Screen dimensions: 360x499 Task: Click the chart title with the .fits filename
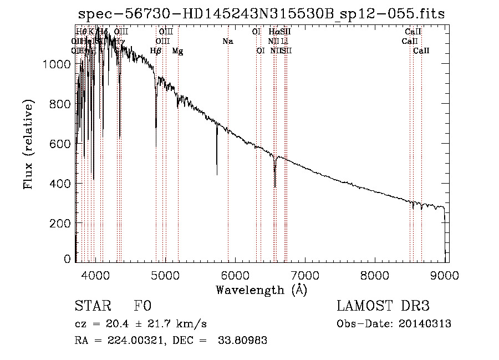(261, 14)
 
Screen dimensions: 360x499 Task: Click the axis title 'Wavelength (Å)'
(261, 290)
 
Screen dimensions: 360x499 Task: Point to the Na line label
(227, 41)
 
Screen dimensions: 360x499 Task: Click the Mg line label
(177, 51)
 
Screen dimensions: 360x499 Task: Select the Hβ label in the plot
(156, 51)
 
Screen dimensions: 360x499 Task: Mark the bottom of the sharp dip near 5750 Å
(217, 174)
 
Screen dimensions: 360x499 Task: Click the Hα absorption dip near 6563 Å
(275, 186)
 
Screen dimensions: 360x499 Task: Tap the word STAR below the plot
(92, 306)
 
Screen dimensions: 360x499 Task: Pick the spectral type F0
(142, 306)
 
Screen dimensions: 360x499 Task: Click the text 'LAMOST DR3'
(383, 306)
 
